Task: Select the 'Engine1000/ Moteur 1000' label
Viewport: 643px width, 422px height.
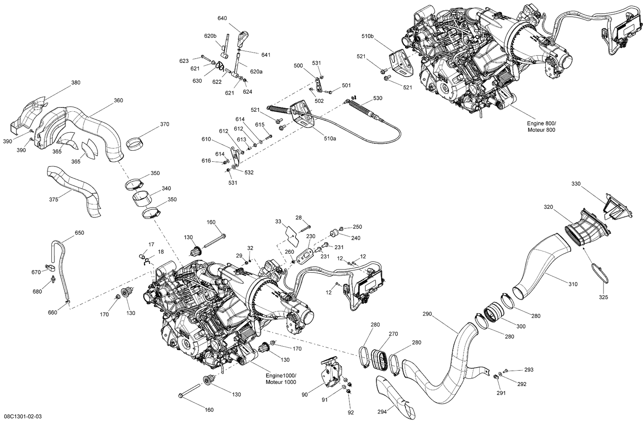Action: pyautogui.click(x=281, y=379)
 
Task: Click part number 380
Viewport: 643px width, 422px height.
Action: pyautogui.click(x=75, y=83)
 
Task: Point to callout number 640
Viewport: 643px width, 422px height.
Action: pyautogui.click(x=222, y=18)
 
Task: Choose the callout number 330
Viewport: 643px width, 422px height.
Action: pyautogui.click(x=576, y=184)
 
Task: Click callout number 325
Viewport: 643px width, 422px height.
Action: pyautogui.click(x=603, y=297)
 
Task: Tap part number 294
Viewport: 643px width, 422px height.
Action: pyautogui.click(x=382, y=412)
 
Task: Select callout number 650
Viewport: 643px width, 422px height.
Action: pyautogui.click(x=79, y=233)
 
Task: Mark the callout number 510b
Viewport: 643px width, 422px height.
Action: pyautogui.click(x=368, y=36)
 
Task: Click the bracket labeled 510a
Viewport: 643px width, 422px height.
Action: pyautogui.click(x=303, y=114)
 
